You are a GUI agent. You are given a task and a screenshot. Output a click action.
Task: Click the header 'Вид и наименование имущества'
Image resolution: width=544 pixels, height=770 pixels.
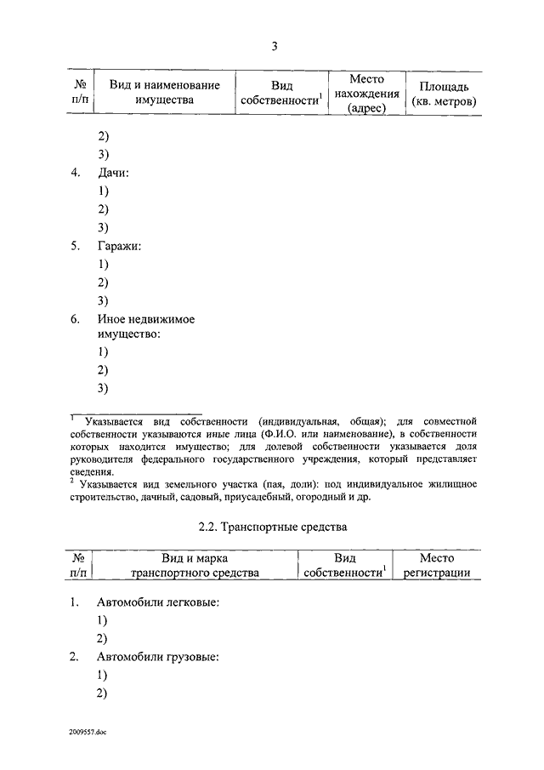point(164,93)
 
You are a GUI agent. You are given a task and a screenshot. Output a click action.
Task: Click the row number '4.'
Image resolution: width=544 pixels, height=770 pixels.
point(76,173)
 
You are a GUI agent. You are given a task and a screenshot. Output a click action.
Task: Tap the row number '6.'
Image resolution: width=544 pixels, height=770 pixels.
point(76,319)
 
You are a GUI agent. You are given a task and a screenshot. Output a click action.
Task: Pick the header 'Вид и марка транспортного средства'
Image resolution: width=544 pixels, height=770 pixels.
point(195,566)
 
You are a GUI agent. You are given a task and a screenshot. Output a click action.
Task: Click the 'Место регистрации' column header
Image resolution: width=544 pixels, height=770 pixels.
point(436,566)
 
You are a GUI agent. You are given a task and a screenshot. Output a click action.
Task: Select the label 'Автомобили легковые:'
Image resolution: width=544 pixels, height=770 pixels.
point(158,602)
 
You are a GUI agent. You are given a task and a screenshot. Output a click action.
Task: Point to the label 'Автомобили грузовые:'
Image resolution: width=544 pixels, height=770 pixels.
point(158,658)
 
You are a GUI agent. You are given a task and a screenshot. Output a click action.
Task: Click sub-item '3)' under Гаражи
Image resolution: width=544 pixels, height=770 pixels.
point(103,300)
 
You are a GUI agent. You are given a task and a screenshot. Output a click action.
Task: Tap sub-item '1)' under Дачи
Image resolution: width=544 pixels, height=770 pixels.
point(103,191)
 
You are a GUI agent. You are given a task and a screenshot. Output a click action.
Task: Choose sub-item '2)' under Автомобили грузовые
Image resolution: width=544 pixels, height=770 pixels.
point(103,693)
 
